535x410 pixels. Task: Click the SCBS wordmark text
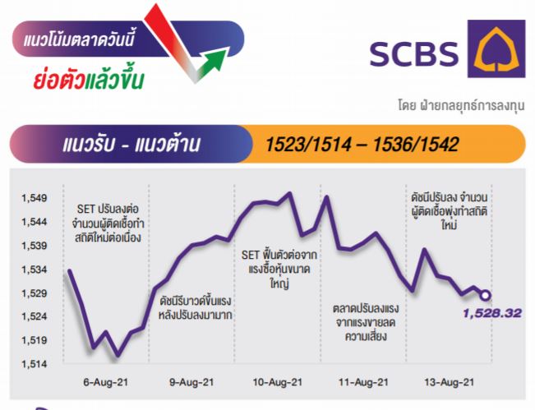414,54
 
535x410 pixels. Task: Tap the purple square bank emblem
496,48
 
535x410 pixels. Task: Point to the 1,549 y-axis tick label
35,198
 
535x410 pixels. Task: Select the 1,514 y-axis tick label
35,364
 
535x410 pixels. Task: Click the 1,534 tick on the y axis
35,269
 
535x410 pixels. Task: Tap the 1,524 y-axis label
35,316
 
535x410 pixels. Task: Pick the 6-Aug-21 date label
106,382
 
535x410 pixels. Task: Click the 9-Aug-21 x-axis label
191,382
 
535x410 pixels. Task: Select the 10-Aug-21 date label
278,382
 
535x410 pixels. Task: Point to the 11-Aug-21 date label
363,382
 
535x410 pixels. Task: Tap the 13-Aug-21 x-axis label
450,382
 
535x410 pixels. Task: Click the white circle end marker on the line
485,296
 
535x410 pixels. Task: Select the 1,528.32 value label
492,313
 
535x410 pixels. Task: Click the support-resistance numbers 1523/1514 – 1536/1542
362,145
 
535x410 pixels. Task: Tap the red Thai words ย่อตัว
59,78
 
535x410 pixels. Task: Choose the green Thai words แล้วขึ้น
114,78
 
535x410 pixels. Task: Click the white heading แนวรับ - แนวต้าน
131,144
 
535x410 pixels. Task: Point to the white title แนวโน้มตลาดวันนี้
79,38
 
